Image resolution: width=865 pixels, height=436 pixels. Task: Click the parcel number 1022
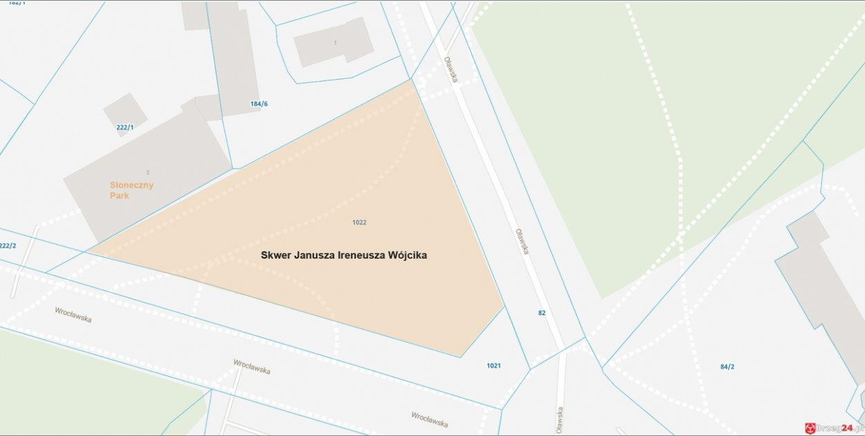(x=359, y=222)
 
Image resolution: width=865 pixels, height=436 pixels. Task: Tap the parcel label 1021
(x=493, y=365)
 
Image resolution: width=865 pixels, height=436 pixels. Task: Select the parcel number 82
(x=542, y=313)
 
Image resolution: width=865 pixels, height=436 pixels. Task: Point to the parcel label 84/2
(x=727, y=367)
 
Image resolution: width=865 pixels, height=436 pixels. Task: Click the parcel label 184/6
(x=259, y=104)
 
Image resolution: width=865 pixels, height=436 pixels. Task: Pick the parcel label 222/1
(x=125, y=127)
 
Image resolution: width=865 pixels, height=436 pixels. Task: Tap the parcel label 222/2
(x=8, y=246)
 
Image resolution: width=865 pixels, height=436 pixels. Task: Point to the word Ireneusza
(x=363, y=255)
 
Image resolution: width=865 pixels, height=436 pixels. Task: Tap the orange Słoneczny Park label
(x=131, y=190)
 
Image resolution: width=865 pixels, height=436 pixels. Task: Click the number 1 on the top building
(x=335, y=43)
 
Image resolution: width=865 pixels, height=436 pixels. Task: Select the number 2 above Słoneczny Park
(x=147, y=172)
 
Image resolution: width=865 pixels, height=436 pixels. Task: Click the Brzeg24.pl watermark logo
(x=834, y=428)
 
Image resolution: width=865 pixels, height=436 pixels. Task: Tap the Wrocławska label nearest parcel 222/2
(x=73, y=315)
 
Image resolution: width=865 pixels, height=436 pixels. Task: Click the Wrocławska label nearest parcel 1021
(x=429, y=419)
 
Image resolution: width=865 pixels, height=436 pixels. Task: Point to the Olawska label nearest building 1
(x=450, y=69)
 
